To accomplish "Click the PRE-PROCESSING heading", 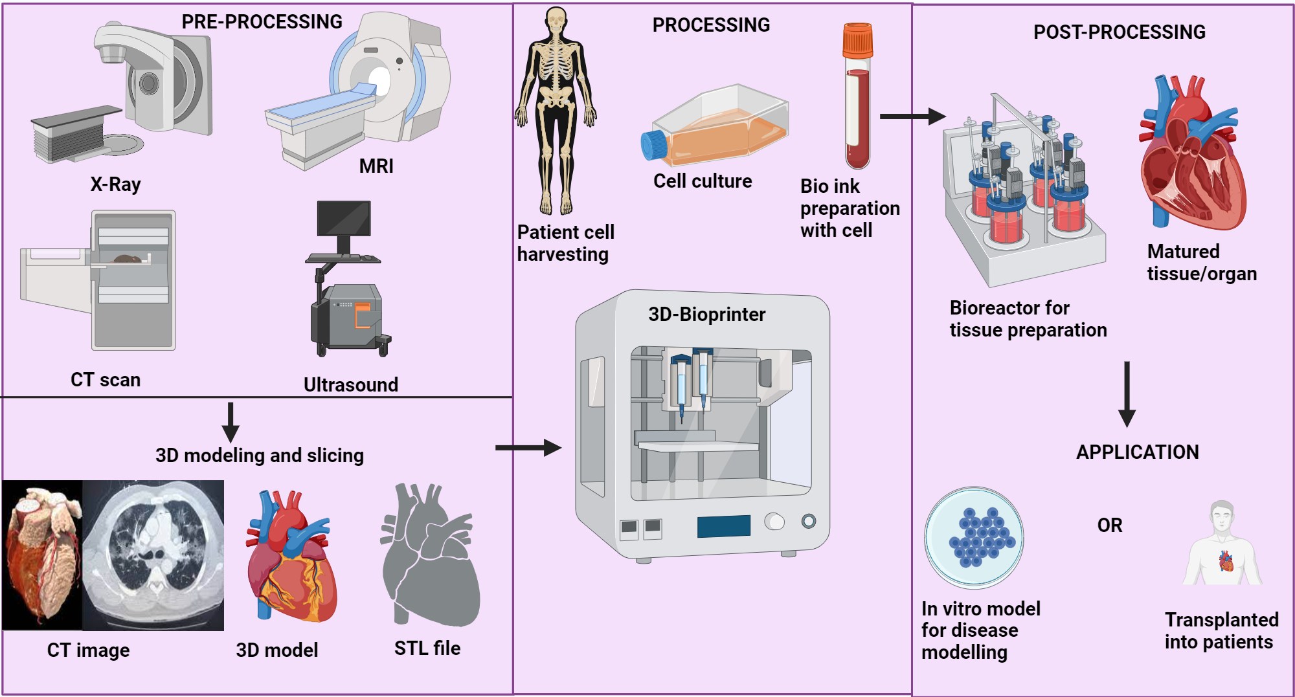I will coord(262,22).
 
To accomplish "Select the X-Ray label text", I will coord(115,184).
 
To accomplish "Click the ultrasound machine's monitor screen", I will coord(344,218).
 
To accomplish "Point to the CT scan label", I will coord(106,380).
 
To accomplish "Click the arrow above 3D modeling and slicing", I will coord(231,423).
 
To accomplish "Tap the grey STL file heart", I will coord(430,557).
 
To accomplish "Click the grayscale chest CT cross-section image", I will coord(153,555).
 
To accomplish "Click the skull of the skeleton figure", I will coord(556,19).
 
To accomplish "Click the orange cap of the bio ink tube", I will coord(857,40).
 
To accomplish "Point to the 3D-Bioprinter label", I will coord(706,315).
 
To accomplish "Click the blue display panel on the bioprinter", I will coord(723,526).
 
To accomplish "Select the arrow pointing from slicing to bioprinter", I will coord(528,447).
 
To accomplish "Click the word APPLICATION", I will coord(1137,452).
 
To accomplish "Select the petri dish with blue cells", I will coord(974,537).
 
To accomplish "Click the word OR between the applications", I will coord(1109,525).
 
